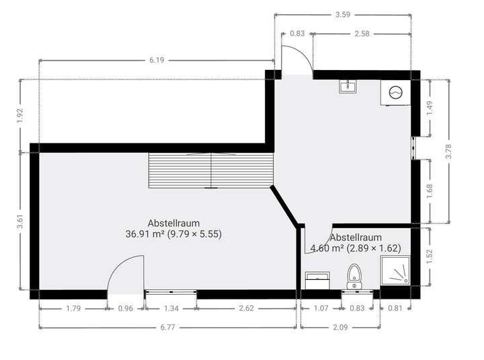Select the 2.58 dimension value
tap(361, 33)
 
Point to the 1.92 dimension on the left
tap(19, 116)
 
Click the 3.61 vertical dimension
tap(19, 222)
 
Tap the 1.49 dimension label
tap(430, 107)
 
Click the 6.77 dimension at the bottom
tap(168, 328)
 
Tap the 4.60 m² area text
tap(355, 248)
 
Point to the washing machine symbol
tap(395, 93)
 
